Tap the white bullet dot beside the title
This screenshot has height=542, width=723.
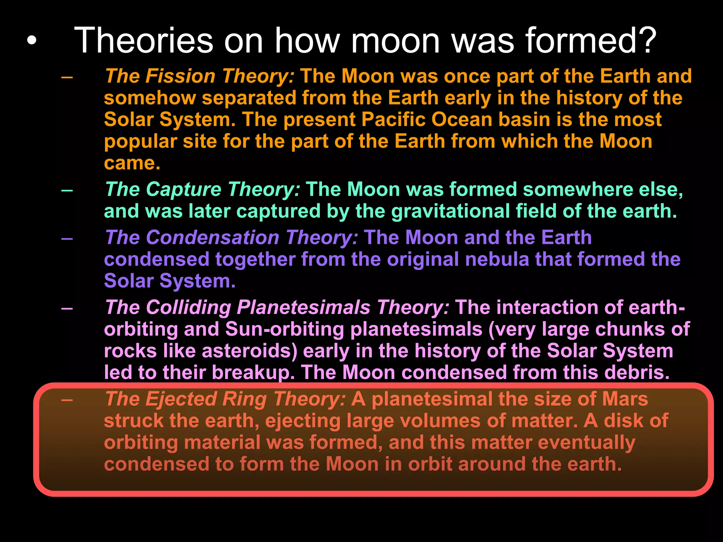click(31, 41)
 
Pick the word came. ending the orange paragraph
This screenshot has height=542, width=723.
click(132, 163)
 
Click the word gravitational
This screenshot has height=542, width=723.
click(450, 211)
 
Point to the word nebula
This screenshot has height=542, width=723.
click(497, 259)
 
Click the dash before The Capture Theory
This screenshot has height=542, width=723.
click(67, 190)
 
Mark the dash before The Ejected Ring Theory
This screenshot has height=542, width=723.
click(67, 400)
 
